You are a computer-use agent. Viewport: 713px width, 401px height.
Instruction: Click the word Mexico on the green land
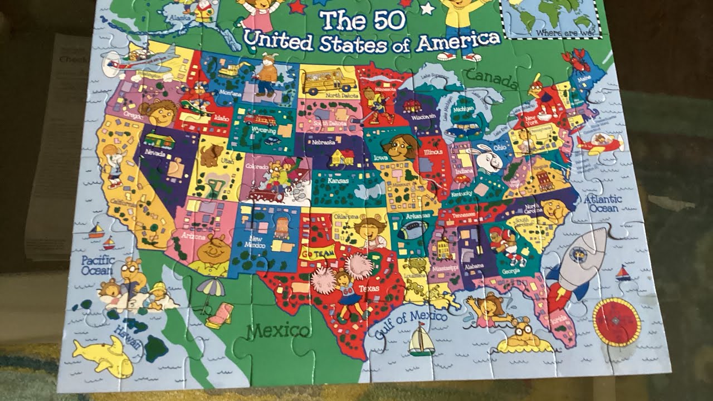[278, 331]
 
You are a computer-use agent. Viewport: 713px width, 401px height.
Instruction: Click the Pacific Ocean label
[97, 265]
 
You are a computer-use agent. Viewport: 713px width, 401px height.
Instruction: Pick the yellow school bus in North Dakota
[329, 81]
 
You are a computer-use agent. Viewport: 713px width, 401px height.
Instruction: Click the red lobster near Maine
[575, 60]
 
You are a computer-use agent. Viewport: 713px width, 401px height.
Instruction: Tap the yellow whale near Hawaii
[104, 357]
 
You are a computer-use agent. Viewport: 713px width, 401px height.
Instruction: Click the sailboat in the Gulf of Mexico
[422, 339]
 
